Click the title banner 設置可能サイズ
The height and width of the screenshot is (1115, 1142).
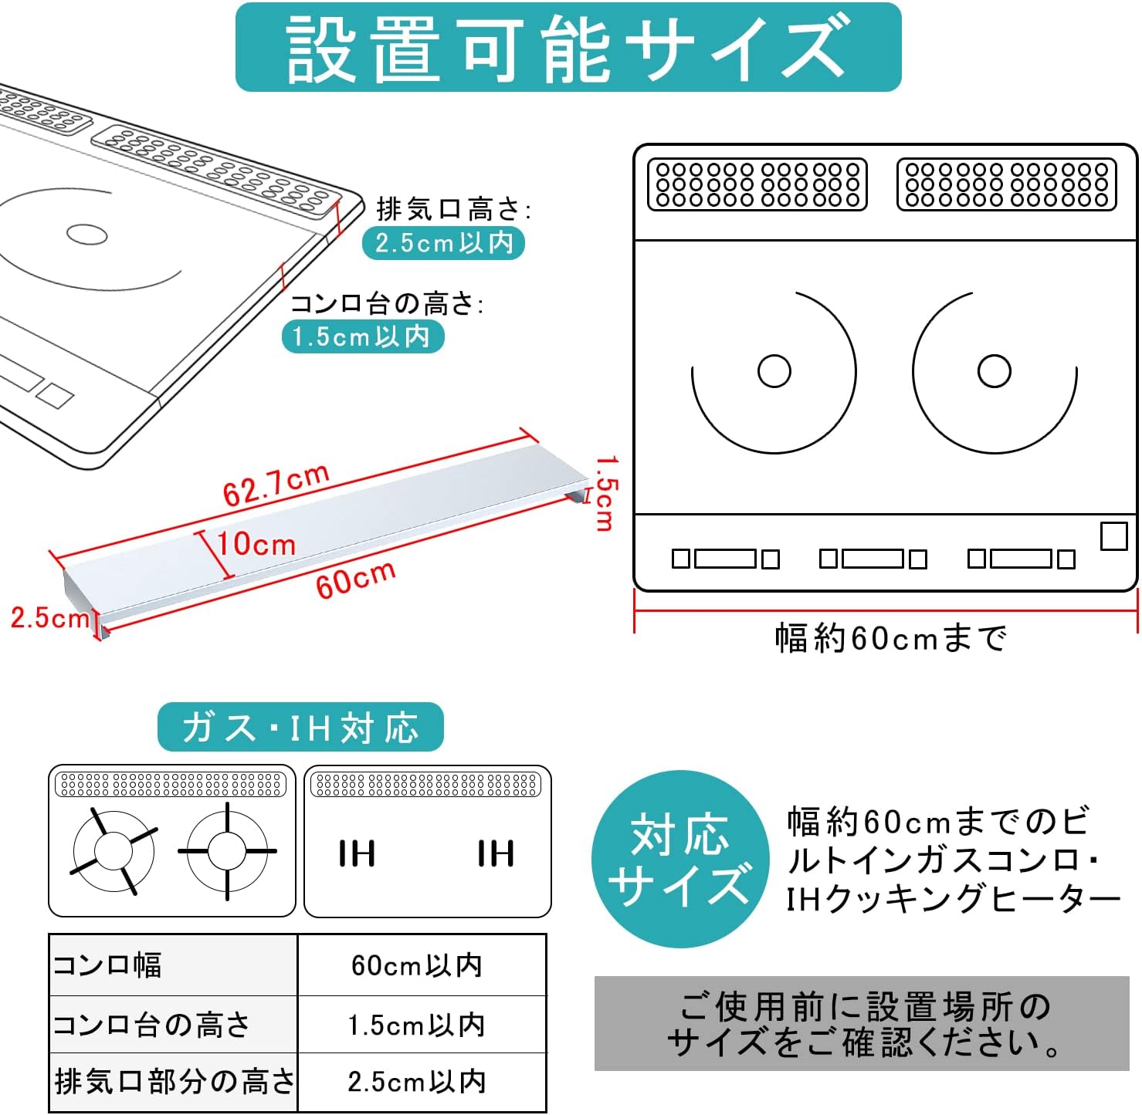(568, 47)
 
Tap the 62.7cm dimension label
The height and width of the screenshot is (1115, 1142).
(276, 485)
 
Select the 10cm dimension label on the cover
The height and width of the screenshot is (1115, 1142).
(256, 544)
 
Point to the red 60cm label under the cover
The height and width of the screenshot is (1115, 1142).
(356, 579)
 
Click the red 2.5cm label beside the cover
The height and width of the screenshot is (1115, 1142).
(50, 617)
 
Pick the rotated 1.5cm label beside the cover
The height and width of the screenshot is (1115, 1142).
(606, 493)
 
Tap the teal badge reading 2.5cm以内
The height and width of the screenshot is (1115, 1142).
(443, 243)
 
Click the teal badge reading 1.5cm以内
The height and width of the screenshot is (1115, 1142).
(363, 336)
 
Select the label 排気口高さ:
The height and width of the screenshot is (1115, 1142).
(453, 209)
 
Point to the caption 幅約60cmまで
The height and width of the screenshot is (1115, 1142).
(890, 638)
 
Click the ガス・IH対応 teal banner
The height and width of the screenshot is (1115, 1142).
(300, 727)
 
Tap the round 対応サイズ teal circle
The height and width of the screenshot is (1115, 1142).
(679, 859)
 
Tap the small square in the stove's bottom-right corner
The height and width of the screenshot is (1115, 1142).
(1113, 536)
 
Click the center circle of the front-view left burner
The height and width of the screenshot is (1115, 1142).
(774, 371)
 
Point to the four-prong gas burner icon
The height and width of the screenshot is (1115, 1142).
(227, 851)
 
